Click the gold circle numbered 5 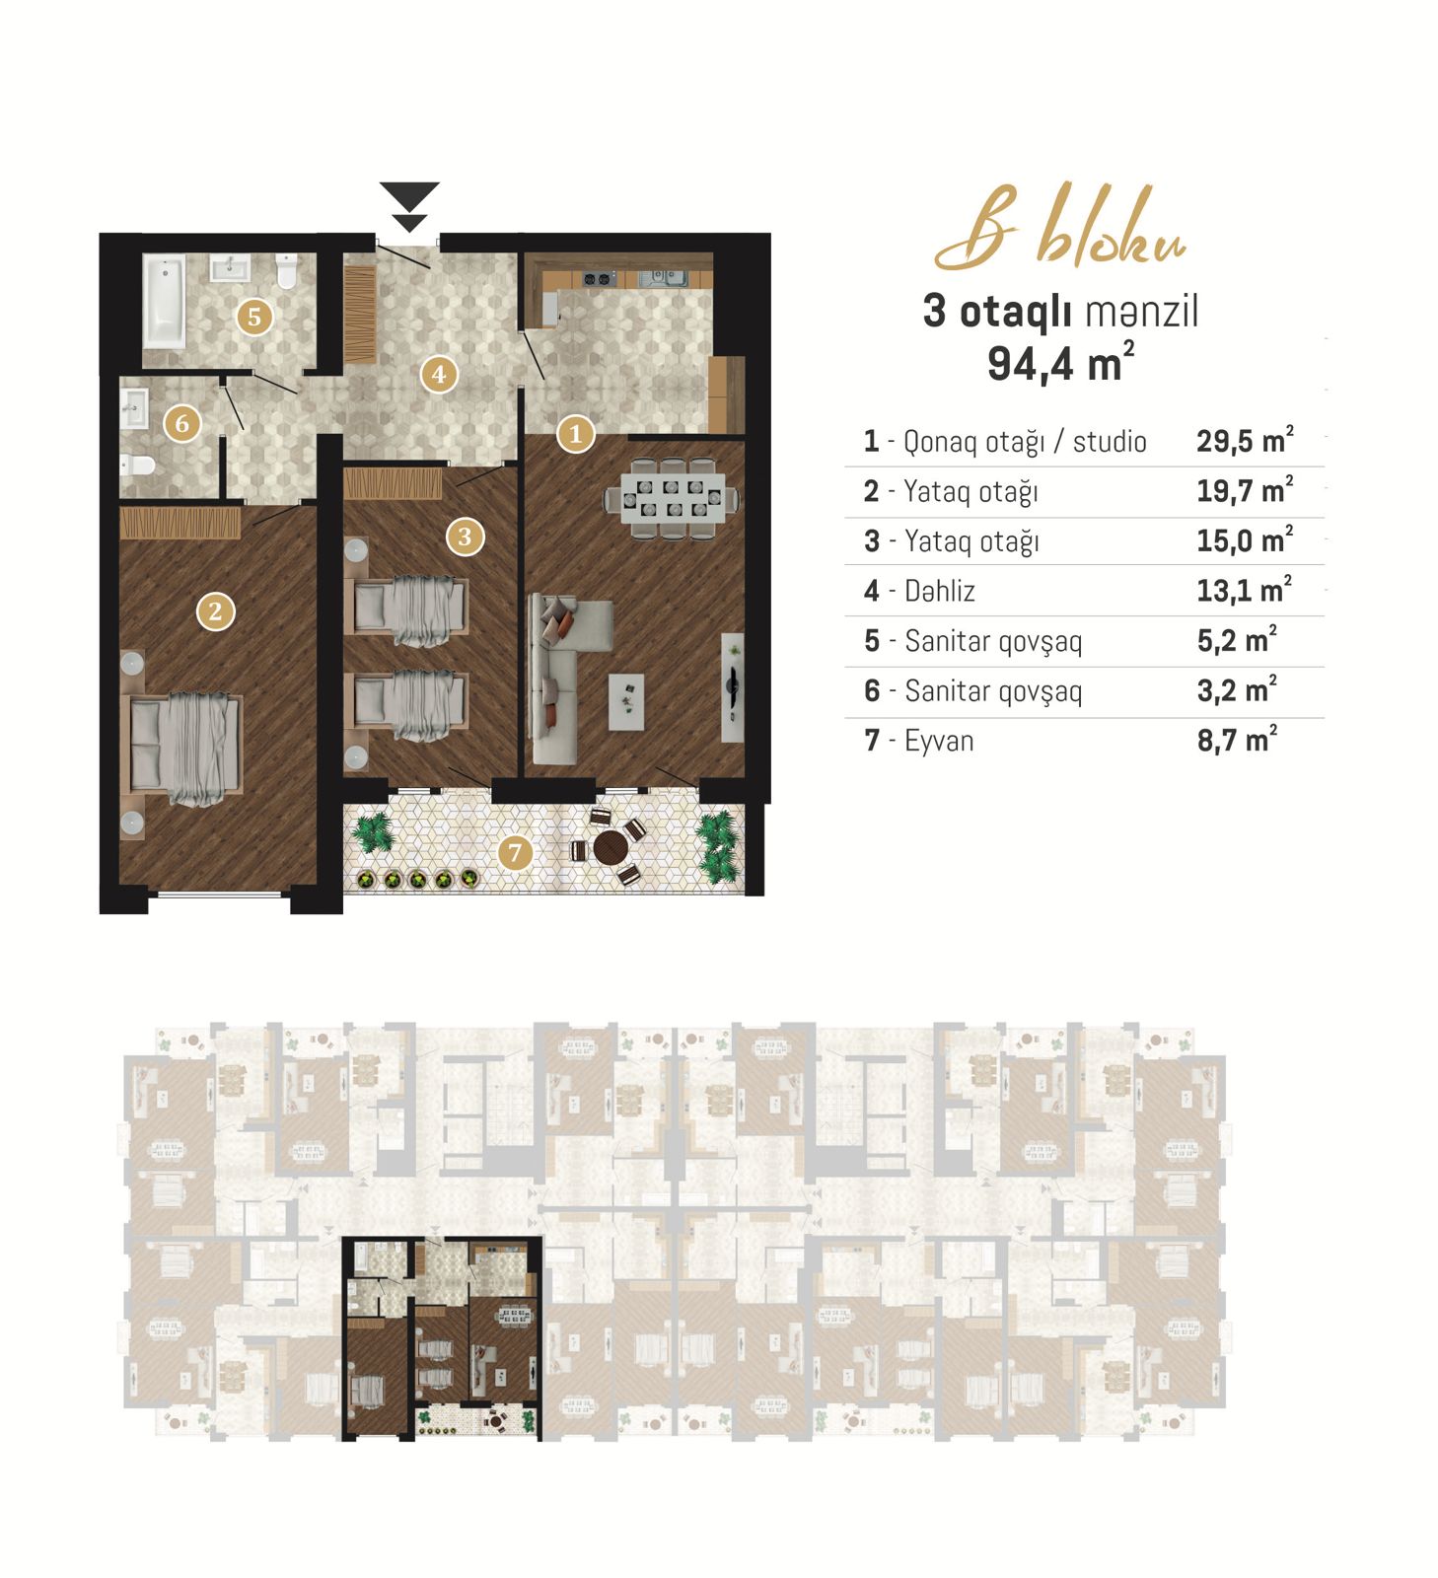pyautogui.click(x=254, y=317)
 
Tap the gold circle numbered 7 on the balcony pyautogui.click(x=514, y=852)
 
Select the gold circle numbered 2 pyautogui.click(x=216, y=611)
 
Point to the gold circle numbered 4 pyautogui.click(x=439, y=374)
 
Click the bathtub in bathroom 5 pyautogui.click(x=164, y=301)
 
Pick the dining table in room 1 pyautogui.click(x=671, y=498)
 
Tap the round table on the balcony pyautogui.click(x=611, y=846)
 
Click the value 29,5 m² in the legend pyautogui.click(x=1245, y=440)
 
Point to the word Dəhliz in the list pyautogui.click(x=940, y=591)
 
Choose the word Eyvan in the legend pyautogui.click(x=939, y=741)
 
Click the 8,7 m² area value pyautogui.click(x=1237, y=740)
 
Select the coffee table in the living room pyautogui.click(x=626, y=702)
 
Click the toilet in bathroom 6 pyautogui.click(x=137, y=463)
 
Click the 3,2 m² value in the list pyautogui.click(x=1237, y=689)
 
